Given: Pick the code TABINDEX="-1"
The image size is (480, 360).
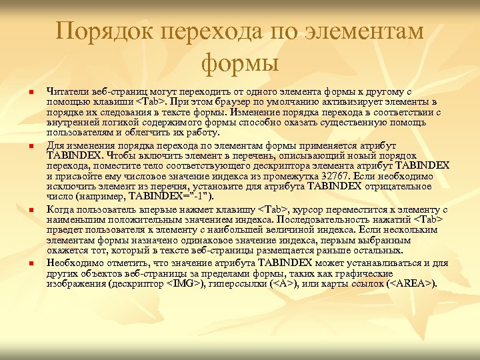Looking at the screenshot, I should click(171, 197).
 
